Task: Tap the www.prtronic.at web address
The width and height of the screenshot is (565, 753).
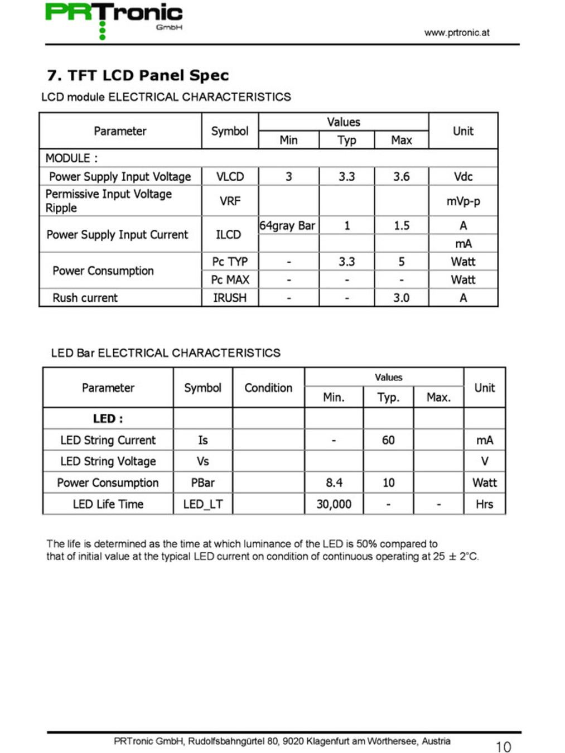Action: (x=456, y=32)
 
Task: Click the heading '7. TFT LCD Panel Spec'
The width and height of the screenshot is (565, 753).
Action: (x=138, y=75)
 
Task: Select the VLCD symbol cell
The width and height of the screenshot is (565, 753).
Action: (x=230, y=177)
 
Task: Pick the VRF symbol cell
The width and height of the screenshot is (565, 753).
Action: (x=230, y=201)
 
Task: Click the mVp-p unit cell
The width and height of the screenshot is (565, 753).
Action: (x=463, y=201)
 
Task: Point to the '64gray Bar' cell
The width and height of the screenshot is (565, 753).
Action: (x=287, y=225)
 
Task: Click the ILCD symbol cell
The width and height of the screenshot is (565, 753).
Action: (x=229, y=235)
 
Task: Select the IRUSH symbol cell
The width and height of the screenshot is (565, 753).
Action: (x=230, y=298)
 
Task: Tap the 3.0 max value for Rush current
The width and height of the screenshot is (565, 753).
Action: (x=401, y=298)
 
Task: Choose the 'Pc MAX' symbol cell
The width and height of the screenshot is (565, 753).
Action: (x=230, y=279)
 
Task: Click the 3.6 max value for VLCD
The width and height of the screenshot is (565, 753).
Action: (x=401, y=177)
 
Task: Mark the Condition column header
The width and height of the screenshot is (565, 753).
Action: (x=268, y=388)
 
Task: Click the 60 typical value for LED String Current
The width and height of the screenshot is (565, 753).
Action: (x=388, y=440)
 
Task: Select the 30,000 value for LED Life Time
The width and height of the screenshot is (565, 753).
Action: (x=334, y=504)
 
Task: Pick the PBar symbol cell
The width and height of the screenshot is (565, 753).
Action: (x=202, y=483)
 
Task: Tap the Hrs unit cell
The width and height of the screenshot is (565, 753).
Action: (x=484, y=504)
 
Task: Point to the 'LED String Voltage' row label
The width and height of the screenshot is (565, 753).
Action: (x=108, y=461)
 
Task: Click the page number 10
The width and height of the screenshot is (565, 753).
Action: (x=503, y=747)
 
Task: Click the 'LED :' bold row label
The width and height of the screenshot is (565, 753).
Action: (x=108, y=419)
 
